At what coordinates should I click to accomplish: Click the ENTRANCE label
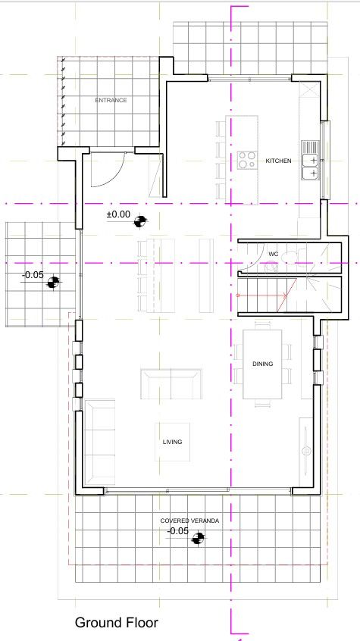(111, 100)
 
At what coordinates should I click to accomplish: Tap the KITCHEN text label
(278, 161)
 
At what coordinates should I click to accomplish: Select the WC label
(273, 254)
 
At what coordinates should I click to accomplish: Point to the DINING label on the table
(262, 364)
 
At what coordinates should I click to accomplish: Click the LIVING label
(172, 442)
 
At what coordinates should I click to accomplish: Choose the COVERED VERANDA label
(189, 521)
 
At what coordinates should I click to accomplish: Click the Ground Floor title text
(116, 623)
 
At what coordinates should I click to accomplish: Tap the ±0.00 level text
(117, 215)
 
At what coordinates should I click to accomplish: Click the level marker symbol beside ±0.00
(139, 221)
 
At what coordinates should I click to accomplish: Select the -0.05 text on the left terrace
(33, 275)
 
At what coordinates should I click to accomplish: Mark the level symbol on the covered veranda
(199, 539)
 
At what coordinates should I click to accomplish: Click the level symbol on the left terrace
(52, 283)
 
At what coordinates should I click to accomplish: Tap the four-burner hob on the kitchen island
(247, 159)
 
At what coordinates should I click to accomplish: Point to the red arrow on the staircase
(261, 294)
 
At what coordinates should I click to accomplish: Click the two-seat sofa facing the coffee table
(171, 383)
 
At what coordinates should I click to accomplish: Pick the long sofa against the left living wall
(99, 443)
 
